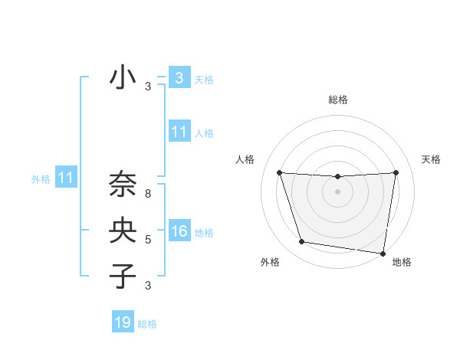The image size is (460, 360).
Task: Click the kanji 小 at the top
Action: [123, 79]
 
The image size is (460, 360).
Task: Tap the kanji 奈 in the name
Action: [123, 186]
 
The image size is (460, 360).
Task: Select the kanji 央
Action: [123, 231]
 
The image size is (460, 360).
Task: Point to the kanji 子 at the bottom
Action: [123, 275]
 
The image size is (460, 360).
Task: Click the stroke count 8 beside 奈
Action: [148, 195]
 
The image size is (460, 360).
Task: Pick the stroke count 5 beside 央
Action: [148, 240]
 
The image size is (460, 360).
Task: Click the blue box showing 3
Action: [179, 77]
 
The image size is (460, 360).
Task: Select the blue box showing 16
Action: [179, 231]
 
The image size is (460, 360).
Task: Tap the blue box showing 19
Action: [123, 322]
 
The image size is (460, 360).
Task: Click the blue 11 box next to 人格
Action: [179, 132]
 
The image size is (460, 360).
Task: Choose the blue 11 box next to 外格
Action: [65, 178]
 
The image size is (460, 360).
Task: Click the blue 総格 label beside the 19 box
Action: [147, 324]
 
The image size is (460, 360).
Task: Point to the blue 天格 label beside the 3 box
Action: [203, 79]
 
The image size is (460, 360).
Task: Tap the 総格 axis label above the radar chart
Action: [337, 100]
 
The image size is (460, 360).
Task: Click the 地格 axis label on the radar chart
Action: [402, 262]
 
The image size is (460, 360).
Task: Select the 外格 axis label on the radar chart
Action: [270, 262]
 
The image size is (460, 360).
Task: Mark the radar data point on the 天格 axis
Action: [396, 172]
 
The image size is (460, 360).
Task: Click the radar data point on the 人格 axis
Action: [279, 172]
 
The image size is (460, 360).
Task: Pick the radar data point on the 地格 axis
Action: [383, 253]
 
